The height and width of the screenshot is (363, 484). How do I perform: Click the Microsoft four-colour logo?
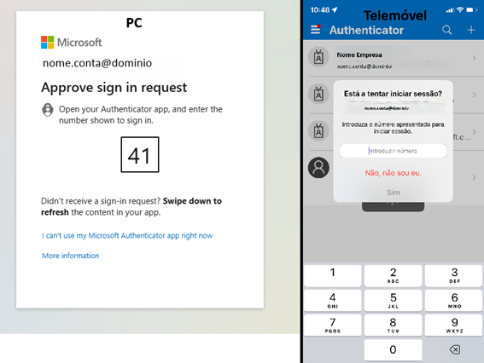[48, 42]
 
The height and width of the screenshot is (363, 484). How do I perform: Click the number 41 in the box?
[138, 155]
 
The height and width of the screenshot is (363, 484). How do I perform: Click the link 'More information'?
[70, 256]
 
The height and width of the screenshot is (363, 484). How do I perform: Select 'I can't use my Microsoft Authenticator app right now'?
[127, 235]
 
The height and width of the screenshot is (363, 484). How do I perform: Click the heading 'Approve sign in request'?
[114, 88]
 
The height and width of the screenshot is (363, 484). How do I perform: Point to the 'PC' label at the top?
[133, 21]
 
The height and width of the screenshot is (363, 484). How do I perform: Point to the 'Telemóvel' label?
[394, 15]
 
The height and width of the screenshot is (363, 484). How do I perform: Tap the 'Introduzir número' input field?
[393, 151]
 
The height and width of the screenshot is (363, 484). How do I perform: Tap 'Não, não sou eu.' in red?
[393, 173]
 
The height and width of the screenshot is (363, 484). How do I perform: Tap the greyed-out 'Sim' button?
[393, 193]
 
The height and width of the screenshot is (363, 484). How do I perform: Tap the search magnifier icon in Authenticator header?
[447, 30]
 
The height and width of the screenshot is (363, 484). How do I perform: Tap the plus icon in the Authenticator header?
[471, 30]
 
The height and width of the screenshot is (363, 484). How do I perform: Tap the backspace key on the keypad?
[454, 349]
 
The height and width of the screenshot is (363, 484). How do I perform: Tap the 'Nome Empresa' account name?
[360, 54]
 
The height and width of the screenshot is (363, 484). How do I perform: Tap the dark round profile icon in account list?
[318, 167]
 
